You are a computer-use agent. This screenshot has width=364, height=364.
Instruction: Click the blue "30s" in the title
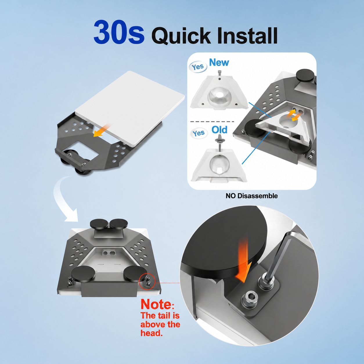coord(119,32)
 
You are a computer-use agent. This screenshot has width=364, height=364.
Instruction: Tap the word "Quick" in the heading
coord(181,36)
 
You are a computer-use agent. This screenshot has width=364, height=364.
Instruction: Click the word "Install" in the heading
coord(247,35)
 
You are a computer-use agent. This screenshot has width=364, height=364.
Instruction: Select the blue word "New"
coord(219,62)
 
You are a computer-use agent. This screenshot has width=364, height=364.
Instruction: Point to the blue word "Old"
coord(219,130)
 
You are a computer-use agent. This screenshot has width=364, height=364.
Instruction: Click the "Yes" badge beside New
coord(198,67)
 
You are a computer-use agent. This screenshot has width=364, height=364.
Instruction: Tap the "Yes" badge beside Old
coord(199,133)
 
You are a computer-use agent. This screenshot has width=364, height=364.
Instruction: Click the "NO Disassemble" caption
coord(252,196)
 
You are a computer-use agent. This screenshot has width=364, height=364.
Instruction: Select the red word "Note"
coord(156,304)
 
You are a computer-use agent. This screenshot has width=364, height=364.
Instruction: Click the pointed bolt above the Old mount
coord(219,144)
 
